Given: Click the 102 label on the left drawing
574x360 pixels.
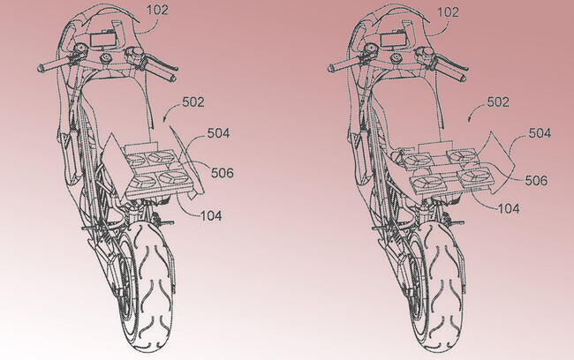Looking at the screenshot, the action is click(157, 10).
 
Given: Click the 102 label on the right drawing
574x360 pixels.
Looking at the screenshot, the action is click(448, 12).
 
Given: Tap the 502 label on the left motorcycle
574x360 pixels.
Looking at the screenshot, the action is click(193, 102).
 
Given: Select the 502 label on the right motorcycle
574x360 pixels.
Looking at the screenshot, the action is click(498, 102).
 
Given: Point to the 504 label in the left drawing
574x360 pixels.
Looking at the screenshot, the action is click(218, 133).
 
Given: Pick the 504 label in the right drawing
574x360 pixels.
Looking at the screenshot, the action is click(540, 133).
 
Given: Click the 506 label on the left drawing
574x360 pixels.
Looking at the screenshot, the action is click(223, 173).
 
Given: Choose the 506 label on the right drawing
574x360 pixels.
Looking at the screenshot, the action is click(536, 180).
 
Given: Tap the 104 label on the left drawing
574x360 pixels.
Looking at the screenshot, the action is click(211, 216).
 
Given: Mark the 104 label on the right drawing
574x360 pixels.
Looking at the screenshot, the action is click(509, 208).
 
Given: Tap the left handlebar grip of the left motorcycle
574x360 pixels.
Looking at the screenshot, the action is click(51, 66).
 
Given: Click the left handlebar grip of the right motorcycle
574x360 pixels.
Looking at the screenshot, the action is click(341, 66).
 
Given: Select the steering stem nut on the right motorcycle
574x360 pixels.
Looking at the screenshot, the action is click(397, 58).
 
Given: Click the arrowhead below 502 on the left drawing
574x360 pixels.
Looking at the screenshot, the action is click(165, 119).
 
